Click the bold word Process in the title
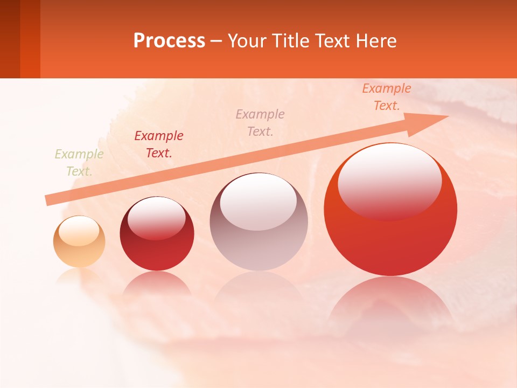tap(169, 41)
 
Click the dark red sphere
tap(157, 234)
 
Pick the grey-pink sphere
tap(259, 222)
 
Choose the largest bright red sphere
tap(390, 210)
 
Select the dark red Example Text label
tap(159, 144)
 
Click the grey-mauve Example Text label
tap(260, 122)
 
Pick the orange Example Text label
tap(387, 97)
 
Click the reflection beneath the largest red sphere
tap(390, 302)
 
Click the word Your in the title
tap(246, 41)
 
